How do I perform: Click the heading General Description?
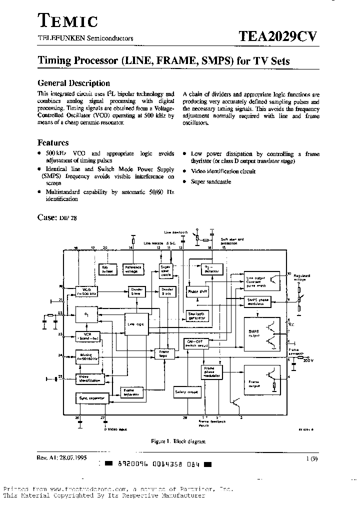[x=74, y=83]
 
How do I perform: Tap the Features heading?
[x=53, y=142]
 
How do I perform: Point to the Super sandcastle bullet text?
[x=211, y=181]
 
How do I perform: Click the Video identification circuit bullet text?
[x=223, y=171]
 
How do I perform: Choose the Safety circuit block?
[x=186, y=392]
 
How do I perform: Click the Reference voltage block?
[x=133, y=269]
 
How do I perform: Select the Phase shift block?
[x=197, y=291]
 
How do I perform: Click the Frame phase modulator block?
[x=209, y=373]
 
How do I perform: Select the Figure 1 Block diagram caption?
[x=178, y=441]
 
